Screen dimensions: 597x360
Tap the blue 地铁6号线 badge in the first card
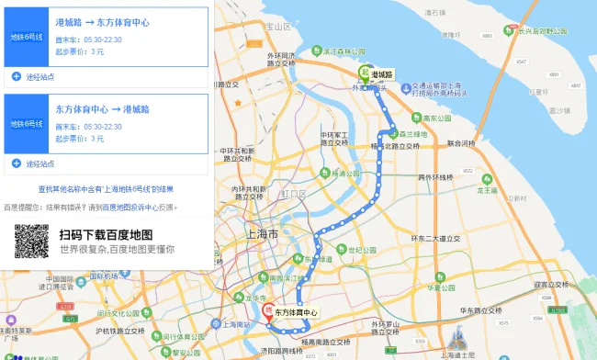click(26, 37)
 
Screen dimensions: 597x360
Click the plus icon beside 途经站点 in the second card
click(17, 163)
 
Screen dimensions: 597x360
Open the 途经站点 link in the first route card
click(39, 76)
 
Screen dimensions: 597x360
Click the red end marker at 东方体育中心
click(268, 311)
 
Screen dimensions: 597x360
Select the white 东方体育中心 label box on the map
click(296, 313)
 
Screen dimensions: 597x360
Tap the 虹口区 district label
click(295, 195)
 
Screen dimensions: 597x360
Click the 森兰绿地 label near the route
click(411, 134)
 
